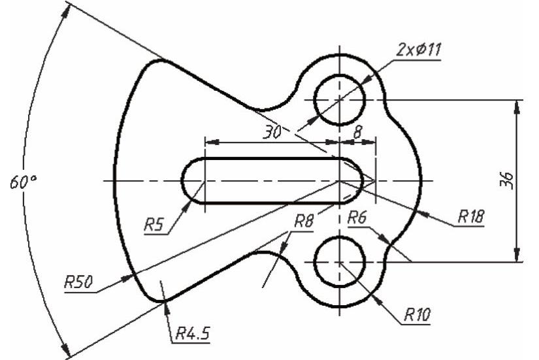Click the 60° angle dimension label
[x=24, y=182]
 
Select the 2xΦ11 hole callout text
[x=418, y=50]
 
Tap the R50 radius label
[x=78, y=282]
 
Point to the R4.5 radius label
[x=193, y=333]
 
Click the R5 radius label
[x=154, y=225]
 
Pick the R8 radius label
[x=304, y=221]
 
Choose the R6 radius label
[x=357, y=218]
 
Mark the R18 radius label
[x=471, y=217]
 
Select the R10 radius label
[x=417, y=314]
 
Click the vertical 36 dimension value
[x=507, y=180]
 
